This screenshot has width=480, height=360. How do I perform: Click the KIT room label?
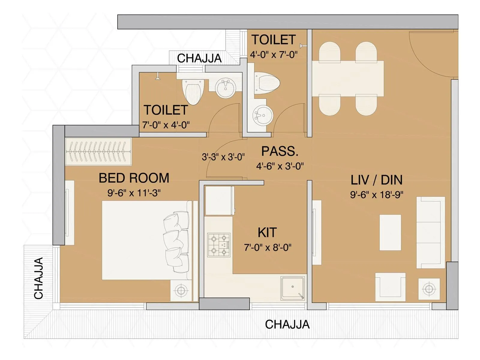pos(267,232)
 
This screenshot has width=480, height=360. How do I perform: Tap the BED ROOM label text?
pos(134,178)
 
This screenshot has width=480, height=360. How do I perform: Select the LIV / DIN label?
pos(376,180)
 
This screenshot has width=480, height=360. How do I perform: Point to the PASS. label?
pos(280,151)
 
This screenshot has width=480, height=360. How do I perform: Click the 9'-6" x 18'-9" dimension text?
pos(376,195)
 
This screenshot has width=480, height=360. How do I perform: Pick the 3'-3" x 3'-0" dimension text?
pos(223,157)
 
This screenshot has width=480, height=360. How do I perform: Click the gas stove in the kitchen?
pos(219,245)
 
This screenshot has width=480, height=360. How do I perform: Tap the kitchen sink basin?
pos(292,288)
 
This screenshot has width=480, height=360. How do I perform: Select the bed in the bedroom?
pos(145,240)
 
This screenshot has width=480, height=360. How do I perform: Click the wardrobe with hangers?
pos(98,151)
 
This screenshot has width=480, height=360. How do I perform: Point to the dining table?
pos(348,79)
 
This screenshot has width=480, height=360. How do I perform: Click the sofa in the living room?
pos(430,232)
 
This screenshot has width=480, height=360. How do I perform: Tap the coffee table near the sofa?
pos(390,232)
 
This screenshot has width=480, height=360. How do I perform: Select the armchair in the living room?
pos(390,286)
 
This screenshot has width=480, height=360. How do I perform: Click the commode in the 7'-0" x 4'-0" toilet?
pos(193,91)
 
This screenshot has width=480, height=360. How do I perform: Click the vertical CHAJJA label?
pos(39,278)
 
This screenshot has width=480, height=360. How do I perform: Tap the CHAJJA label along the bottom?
pos(287,325)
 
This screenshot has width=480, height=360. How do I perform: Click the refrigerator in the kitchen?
pos(219,200)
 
